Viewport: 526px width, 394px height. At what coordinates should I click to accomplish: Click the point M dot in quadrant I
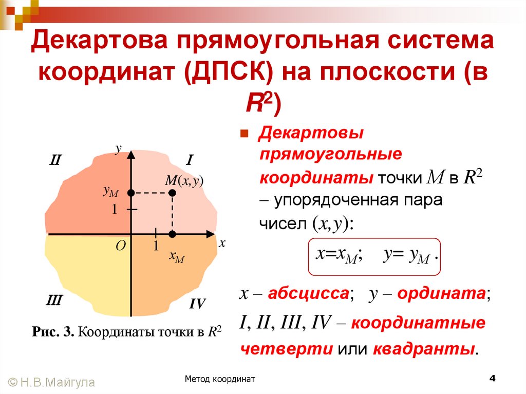point(173,193)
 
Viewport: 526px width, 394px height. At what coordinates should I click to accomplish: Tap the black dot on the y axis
point(131,193)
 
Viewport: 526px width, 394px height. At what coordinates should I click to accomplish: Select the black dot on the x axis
point(173,234)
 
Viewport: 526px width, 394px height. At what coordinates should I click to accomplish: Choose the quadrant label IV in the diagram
point(197,304)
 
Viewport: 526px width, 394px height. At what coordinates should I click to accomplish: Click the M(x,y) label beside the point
point(184,180)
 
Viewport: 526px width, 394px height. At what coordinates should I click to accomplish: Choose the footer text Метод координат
point(221,380)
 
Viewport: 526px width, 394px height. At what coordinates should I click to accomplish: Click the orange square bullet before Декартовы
point(245,134)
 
